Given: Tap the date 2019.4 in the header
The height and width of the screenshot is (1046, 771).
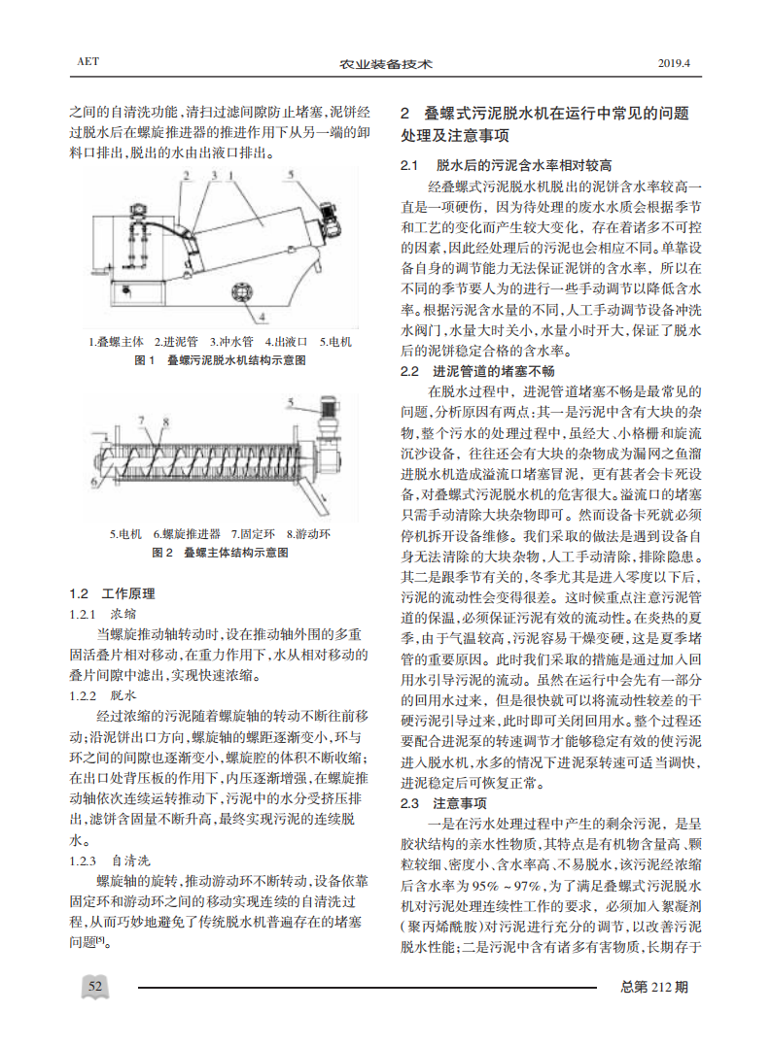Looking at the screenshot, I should (x=675, y=63).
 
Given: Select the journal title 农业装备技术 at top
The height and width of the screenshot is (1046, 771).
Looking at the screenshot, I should (x=385, y=64).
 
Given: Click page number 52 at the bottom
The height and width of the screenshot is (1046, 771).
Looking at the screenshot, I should (x=96, y=988).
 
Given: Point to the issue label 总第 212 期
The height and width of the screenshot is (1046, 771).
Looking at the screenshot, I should (x=654, y=988).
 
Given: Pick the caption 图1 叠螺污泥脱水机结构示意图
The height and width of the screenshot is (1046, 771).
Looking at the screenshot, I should (x=221, y=360).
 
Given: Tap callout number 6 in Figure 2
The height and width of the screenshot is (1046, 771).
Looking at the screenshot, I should (x=92, y=483).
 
